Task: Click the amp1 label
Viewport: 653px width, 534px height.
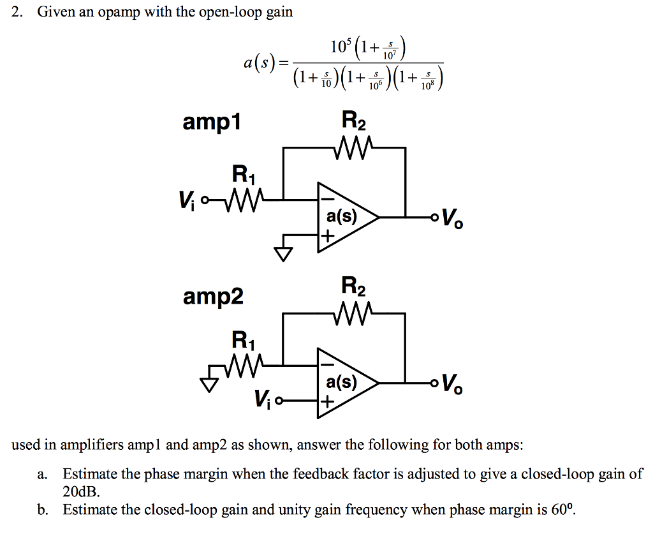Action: click(212, 122)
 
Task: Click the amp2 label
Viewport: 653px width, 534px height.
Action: click(213, 297)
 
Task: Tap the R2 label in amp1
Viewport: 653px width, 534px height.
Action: click(354, 120)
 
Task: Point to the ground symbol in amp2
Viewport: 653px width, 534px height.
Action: click(208, 384)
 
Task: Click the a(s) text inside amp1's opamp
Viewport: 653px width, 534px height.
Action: click(342, 217)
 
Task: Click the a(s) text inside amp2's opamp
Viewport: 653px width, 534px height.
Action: click(342, 382)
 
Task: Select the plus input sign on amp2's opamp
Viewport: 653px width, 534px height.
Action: click(326, 402)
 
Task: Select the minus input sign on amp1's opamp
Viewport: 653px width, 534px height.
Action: click(326, 200)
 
